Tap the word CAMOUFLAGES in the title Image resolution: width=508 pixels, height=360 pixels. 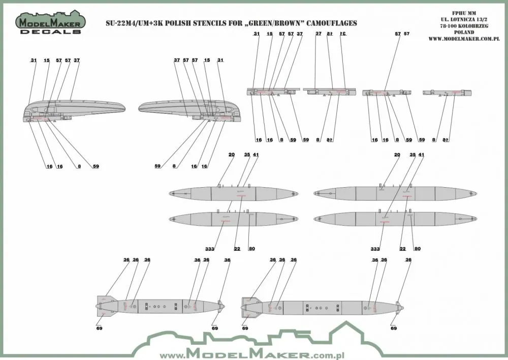point(328,23)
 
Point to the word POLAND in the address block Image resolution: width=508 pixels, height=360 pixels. point(486,31)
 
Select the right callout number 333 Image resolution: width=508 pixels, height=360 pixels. point(375,249)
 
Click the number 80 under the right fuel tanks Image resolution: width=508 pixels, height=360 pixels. point(418,249)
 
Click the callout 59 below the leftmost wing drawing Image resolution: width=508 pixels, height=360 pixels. point(96,166)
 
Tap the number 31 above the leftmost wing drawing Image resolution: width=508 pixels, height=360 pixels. point(34,60)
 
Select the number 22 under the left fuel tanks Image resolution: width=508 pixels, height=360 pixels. point(237,249)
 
